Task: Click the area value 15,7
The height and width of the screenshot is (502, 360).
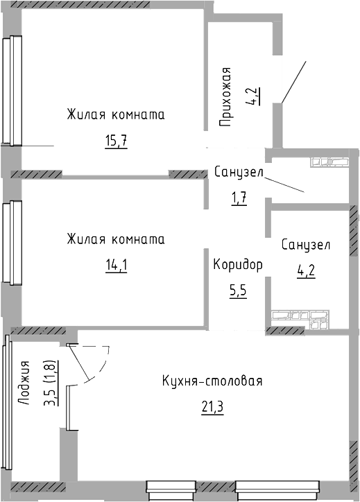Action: click(x=117, y=141)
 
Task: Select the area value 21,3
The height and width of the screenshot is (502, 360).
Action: click(x=213, y=406)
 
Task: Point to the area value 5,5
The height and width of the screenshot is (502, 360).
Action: click(x=238, y=290)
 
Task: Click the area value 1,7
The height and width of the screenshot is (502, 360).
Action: click(x=239, y=198)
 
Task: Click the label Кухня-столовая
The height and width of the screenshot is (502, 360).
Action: click(x=212, y=381)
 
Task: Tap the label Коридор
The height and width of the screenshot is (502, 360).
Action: click(x=238, y=265)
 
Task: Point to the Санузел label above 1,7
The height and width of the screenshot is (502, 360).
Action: click(x=239, y=172)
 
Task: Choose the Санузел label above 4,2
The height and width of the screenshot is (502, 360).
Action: click(x=305, y=245)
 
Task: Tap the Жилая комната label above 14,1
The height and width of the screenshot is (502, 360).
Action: click(x=116, y=239)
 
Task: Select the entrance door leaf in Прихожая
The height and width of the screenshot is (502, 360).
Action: click(x=292, y=81)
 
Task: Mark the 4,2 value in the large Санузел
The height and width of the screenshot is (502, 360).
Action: click(x=305, y=270)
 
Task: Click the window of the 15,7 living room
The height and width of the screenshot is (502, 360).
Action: click(x=10, y=90)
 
